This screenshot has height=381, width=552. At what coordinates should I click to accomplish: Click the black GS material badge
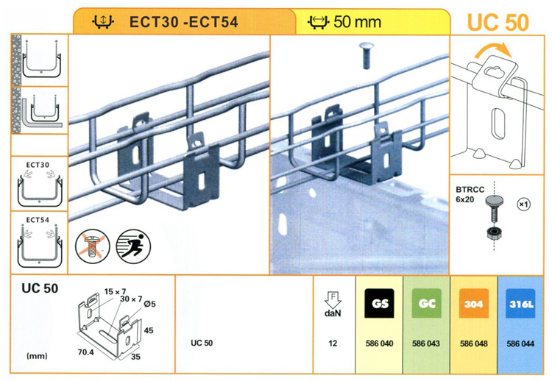[379, 303]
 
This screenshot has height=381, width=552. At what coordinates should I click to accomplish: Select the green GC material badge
[426, 303]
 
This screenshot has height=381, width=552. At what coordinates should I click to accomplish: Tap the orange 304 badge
[473, 303]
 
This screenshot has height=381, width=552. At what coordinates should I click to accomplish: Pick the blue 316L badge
[520, 303]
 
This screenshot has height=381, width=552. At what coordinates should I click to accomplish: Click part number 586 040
[379, 343]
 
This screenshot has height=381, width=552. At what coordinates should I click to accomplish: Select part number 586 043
[426, 343]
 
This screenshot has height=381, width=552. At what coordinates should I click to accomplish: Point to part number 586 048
[473, 343]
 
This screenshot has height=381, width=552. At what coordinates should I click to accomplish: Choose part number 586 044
[520, 343]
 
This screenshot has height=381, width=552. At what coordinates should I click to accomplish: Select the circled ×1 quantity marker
[524, 204]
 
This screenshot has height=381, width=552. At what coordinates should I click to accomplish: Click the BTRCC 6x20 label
[470, 194]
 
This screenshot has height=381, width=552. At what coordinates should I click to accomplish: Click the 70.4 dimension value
[86, 352]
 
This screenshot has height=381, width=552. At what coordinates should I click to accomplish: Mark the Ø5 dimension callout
[149, 304]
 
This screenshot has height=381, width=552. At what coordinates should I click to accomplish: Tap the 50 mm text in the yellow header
[357, 22]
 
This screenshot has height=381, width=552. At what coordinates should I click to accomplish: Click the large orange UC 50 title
[498, 23]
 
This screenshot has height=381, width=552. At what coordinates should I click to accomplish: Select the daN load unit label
[333, 313]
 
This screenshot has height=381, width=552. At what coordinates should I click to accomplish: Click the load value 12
[333, 343]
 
